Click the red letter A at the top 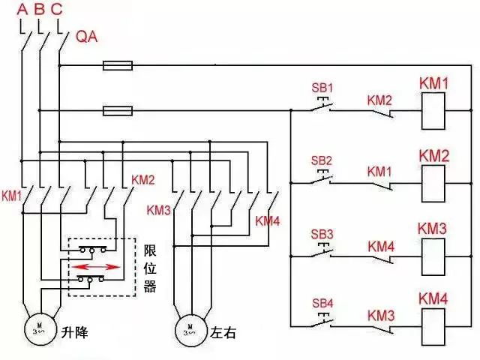tap(22, 10)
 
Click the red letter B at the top tap(39, 10)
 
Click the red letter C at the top tap(57, 10)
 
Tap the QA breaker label tap(88, 37)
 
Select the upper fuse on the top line tap(118, 66)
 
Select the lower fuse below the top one tap(118, 112)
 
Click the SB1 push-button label tap(321, 86)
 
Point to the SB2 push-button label tap(321, 160)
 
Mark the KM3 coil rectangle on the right tap(433, 256)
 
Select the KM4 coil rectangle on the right tap(433, 325)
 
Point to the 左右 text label tap(224, 331)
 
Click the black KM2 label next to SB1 tap(379, 99)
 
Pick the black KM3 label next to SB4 tap(380, 314)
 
